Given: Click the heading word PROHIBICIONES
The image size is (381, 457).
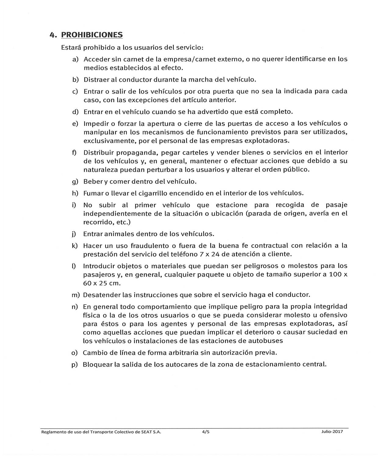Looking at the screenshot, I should pos(92,35).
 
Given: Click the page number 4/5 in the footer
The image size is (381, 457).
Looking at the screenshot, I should pos(206,432).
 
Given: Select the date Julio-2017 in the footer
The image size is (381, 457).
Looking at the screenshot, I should pos(332,432).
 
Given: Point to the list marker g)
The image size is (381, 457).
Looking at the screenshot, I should pos(75,182).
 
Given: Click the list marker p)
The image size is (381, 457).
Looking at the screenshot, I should pos(75,365).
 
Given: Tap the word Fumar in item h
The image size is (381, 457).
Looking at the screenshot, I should pos(93,193).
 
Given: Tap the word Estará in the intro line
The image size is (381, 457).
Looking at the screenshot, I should pos(71,48).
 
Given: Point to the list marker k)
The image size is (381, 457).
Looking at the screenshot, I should pos(75,246).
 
